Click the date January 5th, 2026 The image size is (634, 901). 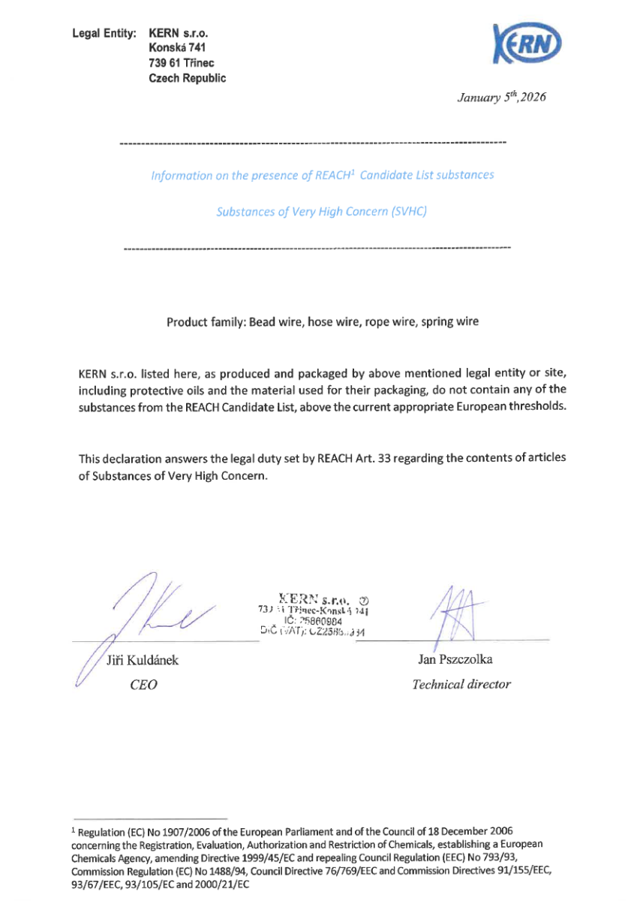(x=501, y=98)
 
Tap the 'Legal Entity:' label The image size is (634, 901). (x=104, y=34)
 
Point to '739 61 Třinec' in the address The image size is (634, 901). (x=182, y=64)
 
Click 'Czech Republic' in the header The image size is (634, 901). (x=188, y=78)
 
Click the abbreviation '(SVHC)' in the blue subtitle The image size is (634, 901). (x=409, y=212)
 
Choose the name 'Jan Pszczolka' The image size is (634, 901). (x=455, y=660)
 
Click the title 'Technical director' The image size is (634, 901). (x=461, y=684)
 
